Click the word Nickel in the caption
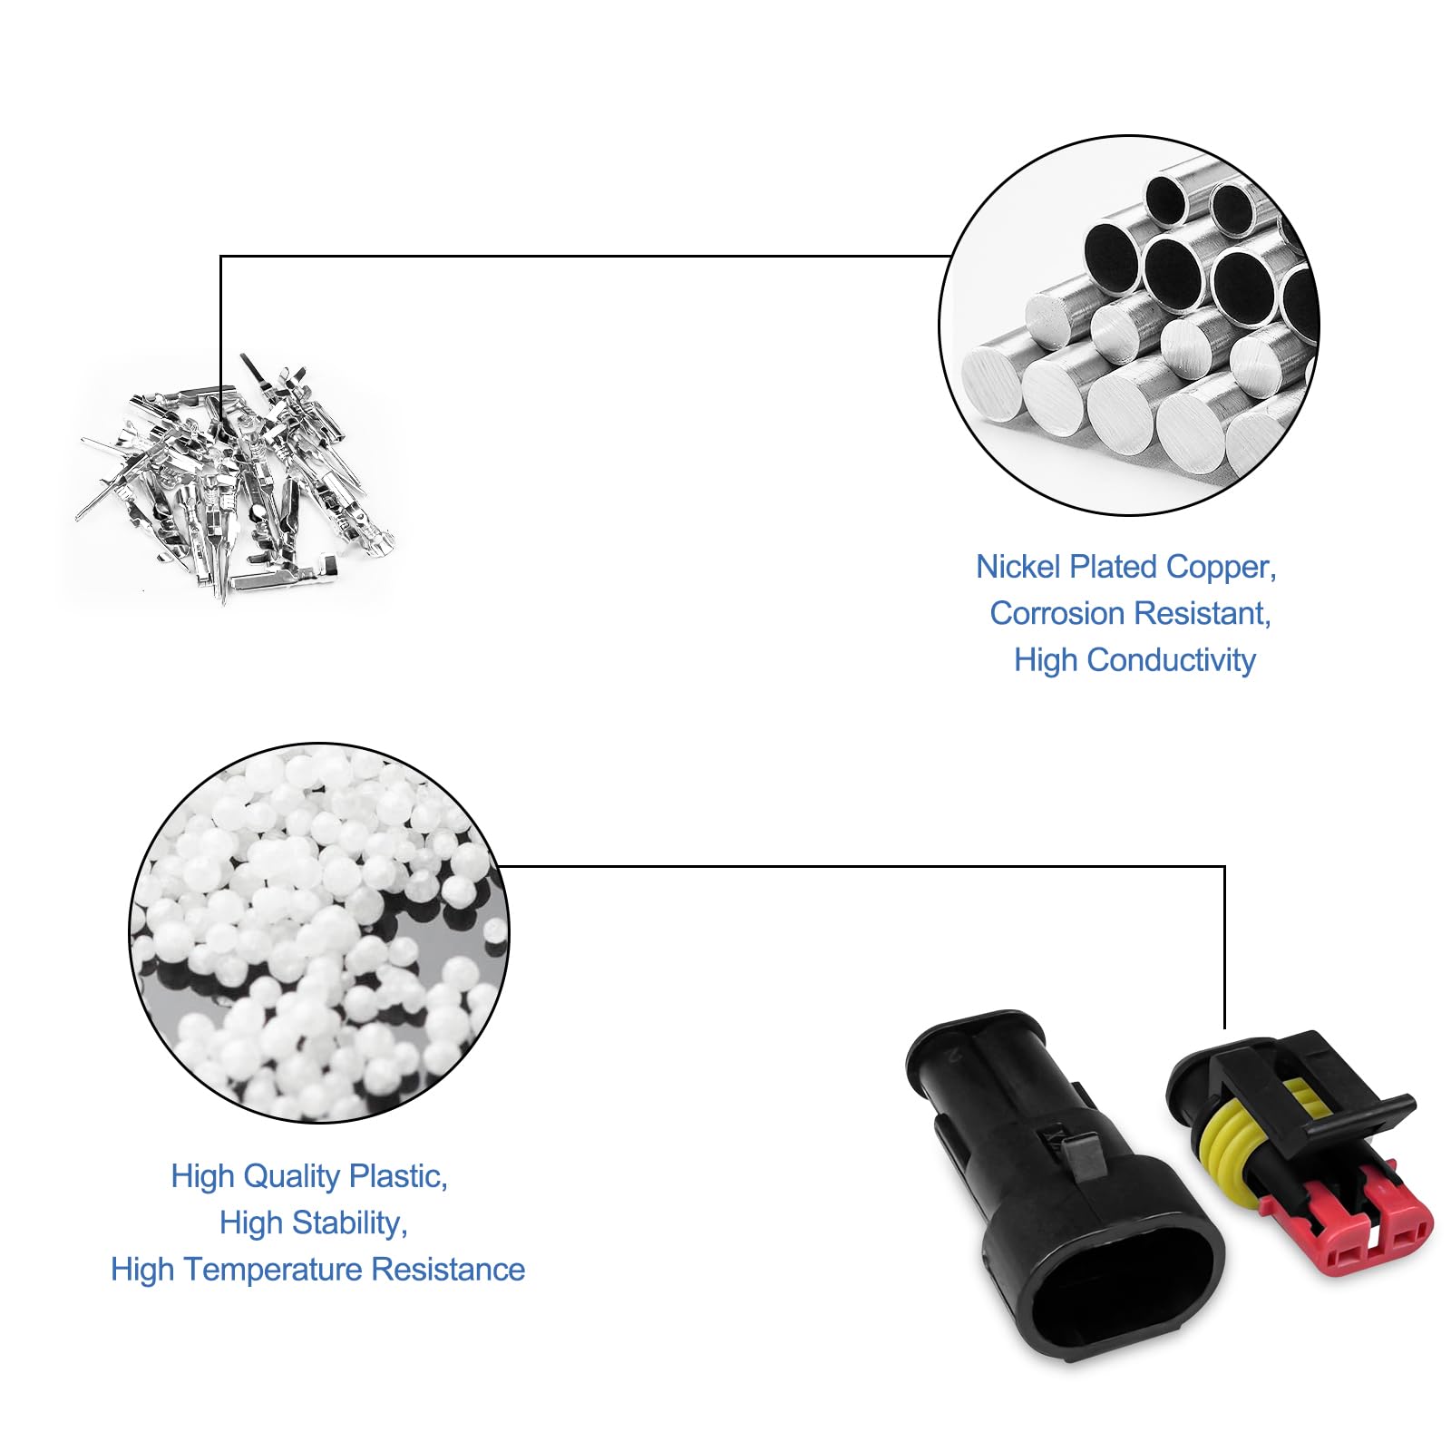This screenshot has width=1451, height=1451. tap(1018, 567)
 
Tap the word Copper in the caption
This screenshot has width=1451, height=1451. tap(1221, 567)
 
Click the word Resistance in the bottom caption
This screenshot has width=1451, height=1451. tap(448, 1270)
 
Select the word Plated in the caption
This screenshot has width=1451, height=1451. tap(1114, 567)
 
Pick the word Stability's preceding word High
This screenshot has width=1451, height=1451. tap(250, 1223)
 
